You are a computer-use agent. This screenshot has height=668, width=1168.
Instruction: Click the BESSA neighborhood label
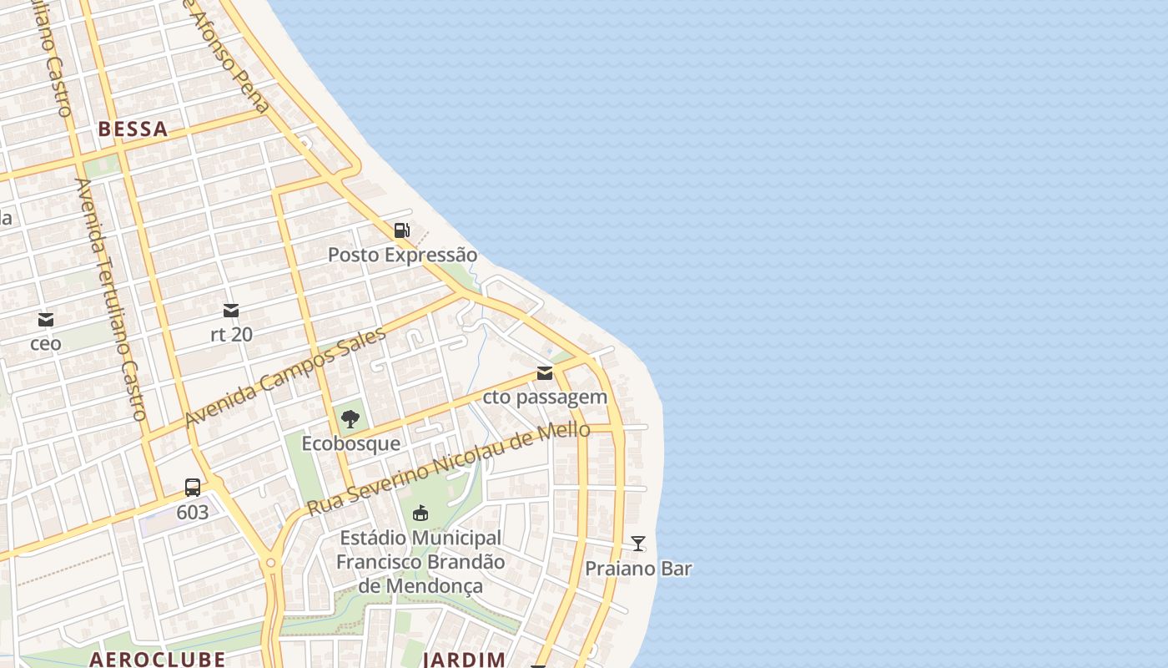tap(133, 129)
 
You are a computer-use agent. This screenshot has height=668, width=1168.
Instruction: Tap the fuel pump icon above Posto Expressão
tap(402, 230)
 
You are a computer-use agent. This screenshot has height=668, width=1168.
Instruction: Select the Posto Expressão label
tap(402, 255)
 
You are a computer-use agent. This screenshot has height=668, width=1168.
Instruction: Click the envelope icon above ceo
tap(46, 320)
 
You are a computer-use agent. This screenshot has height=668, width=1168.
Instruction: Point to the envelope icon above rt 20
tap(231, 311)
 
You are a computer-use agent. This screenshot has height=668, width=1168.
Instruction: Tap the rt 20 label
tap(231, 334)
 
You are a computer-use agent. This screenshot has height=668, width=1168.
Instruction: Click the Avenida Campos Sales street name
tap(285, 377)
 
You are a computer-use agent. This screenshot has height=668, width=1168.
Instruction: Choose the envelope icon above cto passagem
tap(545, 373)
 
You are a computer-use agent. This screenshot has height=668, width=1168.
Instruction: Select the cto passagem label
tap(545, 397)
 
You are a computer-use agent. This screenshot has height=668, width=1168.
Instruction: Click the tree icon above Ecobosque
tap(350, 419)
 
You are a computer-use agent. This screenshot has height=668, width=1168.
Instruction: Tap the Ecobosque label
tap(350, 443)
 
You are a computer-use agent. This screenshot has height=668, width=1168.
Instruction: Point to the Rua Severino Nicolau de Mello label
tap(449, 468)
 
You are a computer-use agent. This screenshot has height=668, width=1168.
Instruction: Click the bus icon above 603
tap(193, 488)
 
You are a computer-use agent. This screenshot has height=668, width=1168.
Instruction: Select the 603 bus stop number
tap(193, 512)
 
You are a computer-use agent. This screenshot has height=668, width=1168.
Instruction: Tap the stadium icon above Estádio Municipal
tap(420, 513)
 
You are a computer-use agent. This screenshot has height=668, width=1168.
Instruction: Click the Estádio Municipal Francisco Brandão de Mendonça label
tap(420, 561)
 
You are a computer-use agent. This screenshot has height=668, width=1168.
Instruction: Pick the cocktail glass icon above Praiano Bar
tap(638, 544)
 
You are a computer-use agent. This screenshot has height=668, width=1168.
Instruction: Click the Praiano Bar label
tap(638, 569)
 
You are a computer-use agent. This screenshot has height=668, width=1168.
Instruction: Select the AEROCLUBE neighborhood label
tap(157, 659)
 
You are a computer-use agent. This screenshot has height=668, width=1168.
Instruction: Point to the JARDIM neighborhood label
tap(464, 659)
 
